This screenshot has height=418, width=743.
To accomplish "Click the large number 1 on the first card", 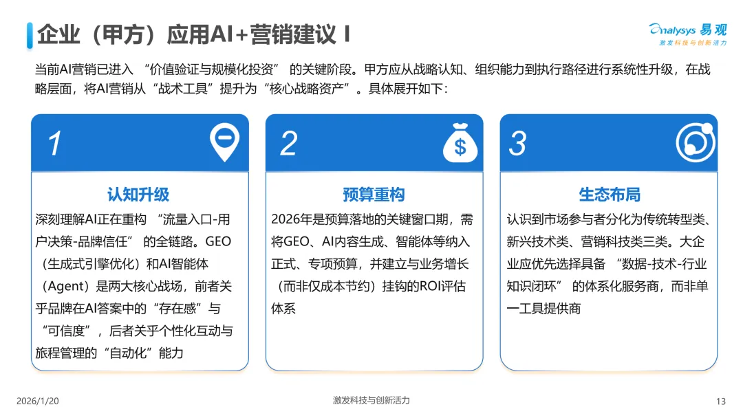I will pyautogui.click(x=54, y=143).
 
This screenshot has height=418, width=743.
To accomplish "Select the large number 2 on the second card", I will pyautogui.click(x=289, y=143).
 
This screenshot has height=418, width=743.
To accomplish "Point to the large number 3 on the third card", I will pyautogui.click(x=517, y=143).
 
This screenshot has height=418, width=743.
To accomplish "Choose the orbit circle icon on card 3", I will pyautogui.click(x=695, y=143).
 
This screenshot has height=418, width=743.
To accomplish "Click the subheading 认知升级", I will pyautogui.click(x=138, y=195).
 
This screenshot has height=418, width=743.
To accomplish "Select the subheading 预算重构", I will pyautogui.click(x=374, y=195).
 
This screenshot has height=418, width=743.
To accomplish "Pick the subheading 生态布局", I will pyautogui.click(x=610, y=195).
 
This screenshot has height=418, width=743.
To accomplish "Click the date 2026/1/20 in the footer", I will pyautogui.click(x=37, y=401).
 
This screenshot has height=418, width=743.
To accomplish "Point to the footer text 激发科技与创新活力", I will pyautogui.click(x=371, y=400).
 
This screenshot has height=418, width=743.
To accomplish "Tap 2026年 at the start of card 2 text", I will pyautogui.click(x=294, y=219).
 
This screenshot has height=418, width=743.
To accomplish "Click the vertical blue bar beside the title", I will pyautogui.click(x=30, y=34).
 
